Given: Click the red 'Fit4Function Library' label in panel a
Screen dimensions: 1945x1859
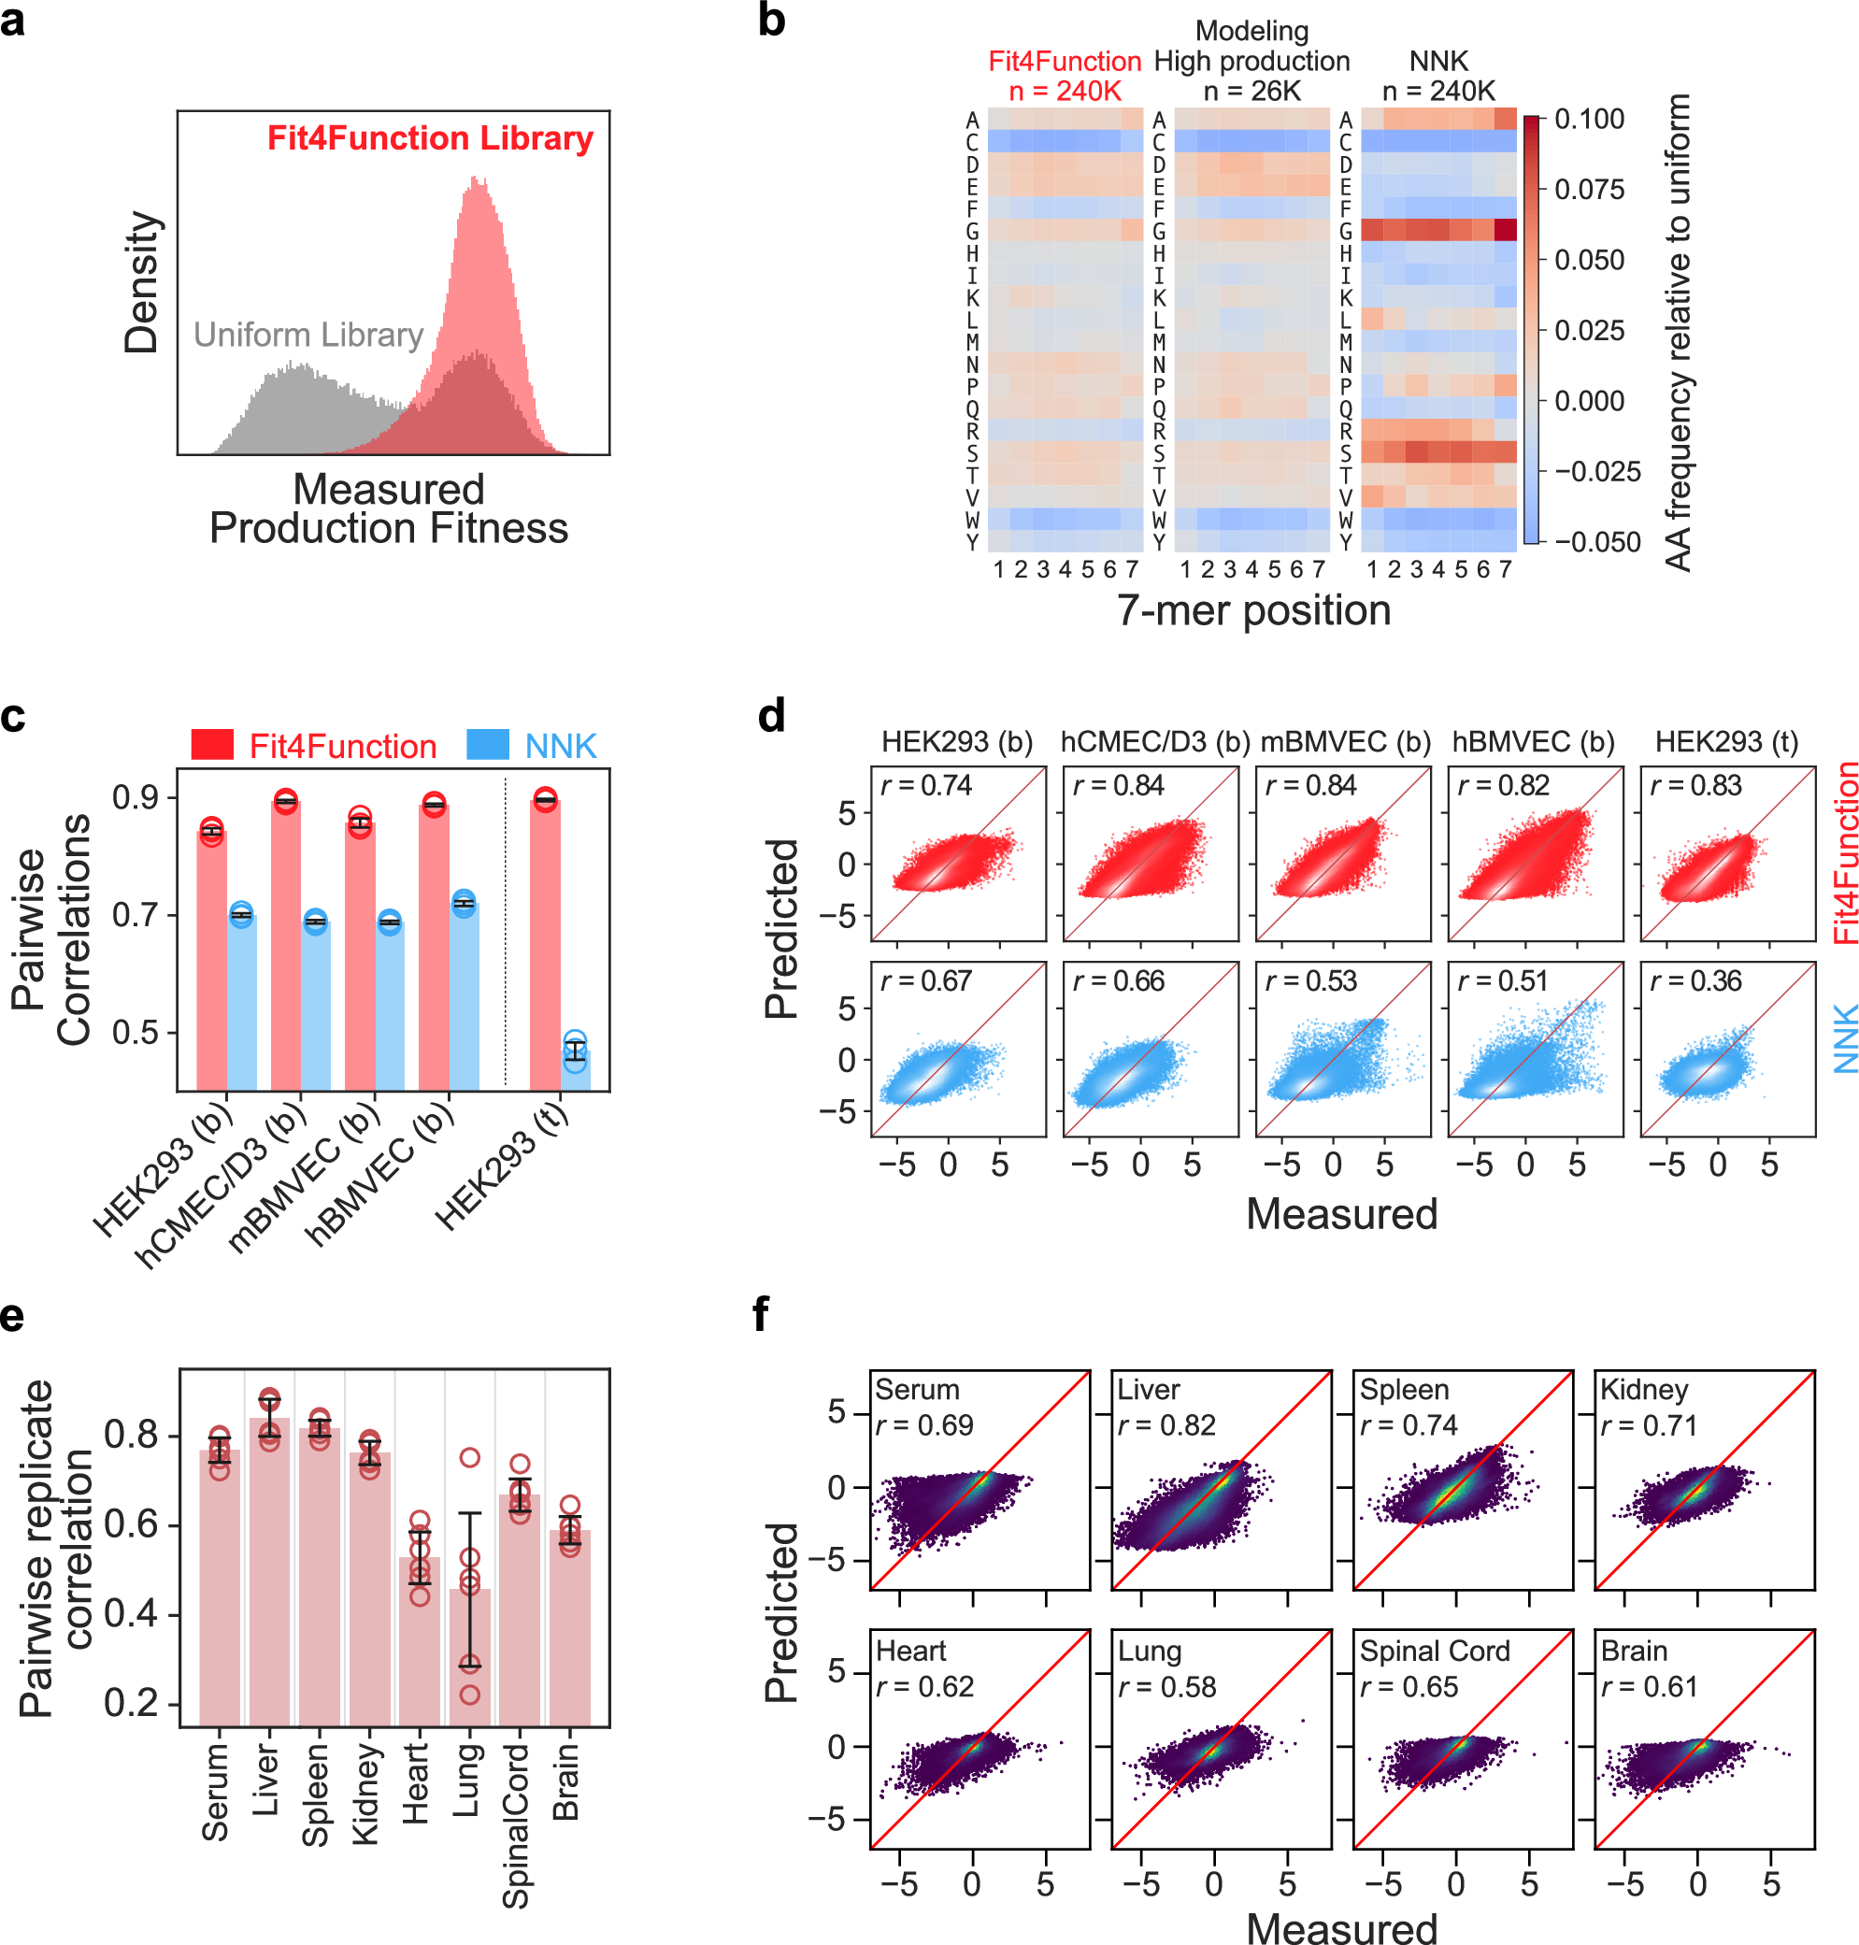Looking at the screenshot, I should pos(430,137).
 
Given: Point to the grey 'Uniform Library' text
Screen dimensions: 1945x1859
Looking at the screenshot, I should pos(308,335).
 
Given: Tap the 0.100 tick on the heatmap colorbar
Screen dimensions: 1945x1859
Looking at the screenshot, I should pos(1589,120).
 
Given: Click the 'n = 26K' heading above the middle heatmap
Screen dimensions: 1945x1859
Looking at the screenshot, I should pos(1251,92).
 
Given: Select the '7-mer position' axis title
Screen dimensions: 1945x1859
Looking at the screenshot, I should pos(1253,610).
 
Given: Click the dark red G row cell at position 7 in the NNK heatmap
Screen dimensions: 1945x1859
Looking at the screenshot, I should pos(1504,231).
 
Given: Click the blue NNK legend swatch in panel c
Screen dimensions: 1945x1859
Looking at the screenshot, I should pos(488,744).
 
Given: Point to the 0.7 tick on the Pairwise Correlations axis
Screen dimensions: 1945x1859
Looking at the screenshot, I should pos(136,914).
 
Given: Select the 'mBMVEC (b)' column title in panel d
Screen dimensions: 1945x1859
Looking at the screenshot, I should pos(1345,742).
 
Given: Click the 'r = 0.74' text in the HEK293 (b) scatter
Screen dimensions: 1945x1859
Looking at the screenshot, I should pos(926,786).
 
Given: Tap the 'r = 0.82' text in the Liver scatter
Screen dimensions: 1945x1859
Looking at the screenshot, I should pos(1166,1424).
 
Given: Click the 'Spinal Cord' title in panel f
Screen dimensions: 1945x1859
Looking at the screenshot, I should pos(1434,1651).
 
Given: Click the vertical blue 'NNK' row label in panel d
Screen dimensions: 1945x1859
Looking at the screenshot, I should pos(1844,1038).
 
